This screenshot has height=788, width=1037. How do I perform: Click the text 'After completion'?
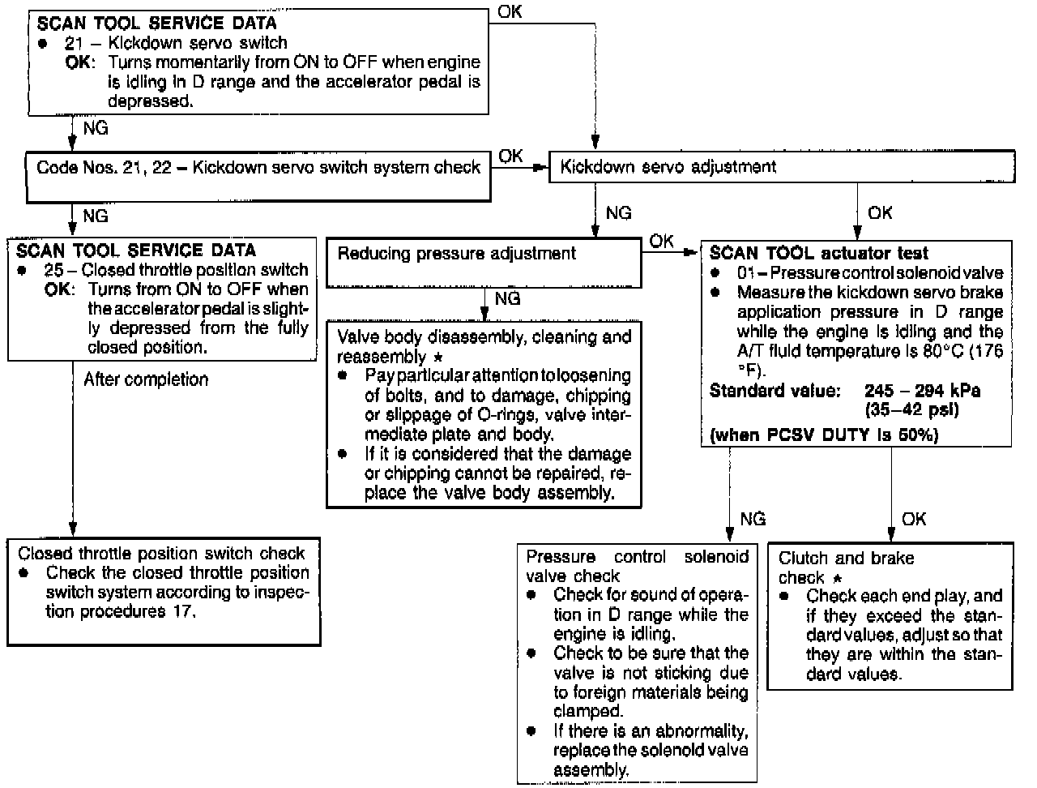146,379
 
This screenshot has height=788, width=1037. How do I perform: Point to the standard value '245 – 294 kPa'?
922,391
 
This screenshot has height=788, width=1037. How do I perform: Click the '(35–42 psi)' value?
911,409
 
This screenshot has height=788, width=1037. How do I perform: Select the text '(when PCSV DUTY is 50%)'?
823,436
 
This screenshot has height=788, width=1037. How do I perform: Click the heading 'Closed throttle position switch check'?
161,554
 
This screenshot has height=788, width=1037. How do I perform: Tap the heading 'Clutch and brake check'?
845,567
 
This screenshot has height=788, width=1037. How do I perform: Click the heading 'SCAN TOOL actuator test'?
818,254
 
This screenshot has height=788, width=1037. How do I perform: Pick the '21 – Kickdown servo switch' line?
176,43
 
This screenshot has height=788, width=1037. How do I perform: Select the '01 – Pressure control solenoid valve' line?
869,273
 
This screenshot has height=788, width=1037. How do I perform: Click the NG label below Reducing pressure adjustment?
507,299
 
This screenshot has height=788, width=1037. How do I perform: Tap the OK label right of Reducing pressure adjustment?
661,242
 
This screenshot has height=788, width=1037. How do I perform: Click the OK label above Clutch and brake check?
913,519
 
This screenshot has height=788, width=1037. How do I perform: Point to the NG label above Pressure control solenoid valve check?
753,519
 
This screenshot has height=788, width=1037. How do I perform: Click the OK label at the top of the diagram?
510,12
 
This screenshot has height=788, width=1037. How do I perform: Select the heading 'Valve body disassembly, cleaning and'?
484,337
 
